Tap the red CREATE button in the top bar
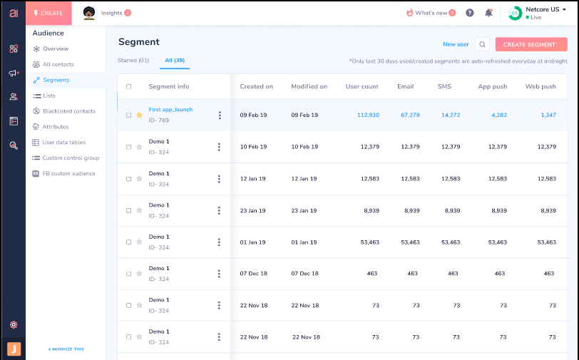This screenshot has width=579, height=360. pos(48,13)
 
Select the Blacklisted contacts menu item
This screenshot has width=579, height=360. pos(68,111)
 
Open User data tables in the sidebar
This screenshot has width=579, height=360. pos(63,143)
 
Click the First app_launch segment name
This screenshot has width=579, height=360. pos(170,110)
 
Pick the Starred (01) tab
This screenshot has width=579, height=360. pos(133,61)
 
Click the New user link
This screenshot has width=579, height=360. pos(456,44)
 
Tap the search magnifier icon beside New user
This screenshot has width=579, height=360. pos(483,44)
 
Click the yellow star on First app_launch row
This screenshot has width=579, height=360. pos(139,115)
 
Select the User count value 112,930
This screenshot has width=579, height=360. pos(368,115)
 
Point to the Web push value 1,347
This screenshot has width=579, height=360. pos(548,115)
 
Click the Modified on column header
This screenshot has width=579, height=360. pos(309,86)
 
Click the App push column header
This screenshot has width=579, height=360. pos(493,86)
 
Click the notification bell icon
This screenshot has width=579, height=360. pos(488,13)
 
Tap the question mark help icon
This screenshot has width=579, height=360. pos(469,13)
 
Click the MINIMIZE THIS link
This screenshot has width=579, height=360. pos(66,349)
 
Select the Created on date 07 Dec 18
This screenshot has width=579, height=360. pos(253,274)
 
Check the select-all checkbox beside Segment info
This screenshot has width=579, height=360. pos(129,87)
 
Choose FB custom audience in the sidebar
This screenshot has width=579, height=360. pos(68,173)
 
